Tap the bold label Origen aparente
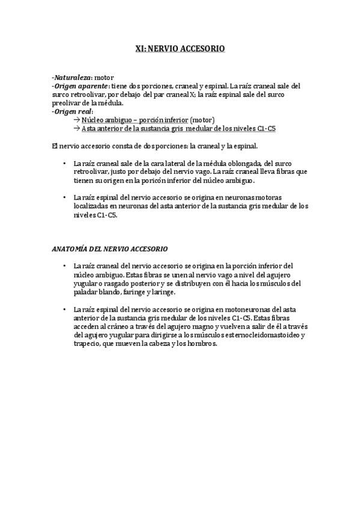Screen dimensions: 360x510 click(x=81, y=87)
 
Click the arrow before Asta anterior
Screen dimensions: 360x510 click(x=76, y=129)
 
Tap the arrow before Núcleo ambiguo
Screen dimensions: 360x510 click(x=76, y=120)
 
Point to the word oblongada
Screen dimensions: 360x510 click(x=246, y=163)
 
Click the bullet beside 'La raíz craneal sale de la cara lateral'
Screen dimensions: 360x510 click(x=64, y=163)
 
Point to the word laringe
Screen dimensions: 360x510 click(x=161, y=292)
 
